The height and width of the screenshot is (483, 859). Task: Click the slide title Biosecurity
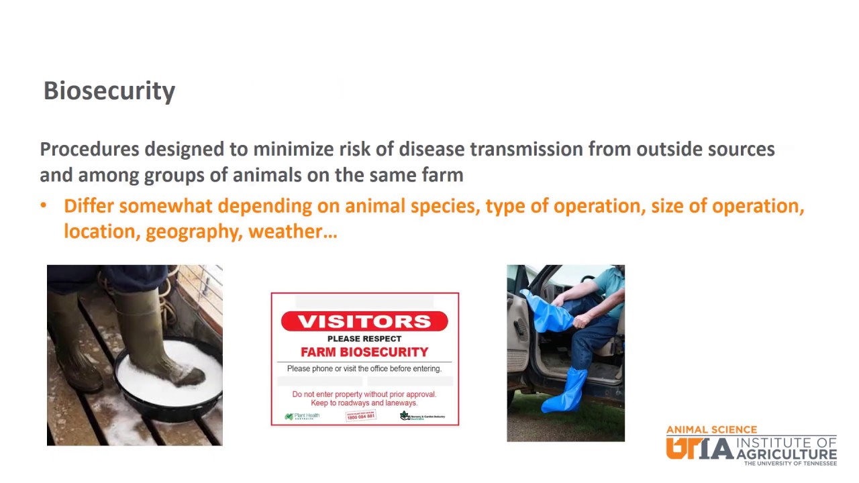coord(109,91)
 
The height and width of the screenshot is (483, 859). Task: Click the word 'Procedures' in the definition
coord(89,149)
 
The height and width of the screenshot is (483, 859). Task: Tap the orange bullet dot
coord(44,206)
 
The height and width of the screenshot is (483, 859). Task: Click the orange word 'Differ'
coord(89,206)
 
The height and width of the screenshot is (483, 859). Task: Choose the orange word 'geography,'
coord(194,232)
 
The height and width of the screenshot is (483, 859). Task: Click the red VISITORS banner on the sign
coord(364,321)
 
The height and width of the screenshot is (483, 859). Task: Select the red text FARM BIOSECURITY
coord(364,352)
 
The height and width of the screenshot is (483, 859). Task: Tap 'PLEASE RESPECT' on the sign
coord(364,339)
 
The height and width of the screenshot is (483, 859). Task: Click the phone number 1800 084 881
coord(361,417)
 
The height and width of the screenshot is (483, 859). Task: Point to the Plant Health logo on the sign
coord(302,417)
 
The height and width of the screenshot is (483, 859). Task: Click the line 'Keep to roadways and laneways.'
coord(364,402)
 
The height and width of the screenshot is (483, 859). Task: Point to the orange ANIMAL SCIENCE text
coord(711,430)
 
